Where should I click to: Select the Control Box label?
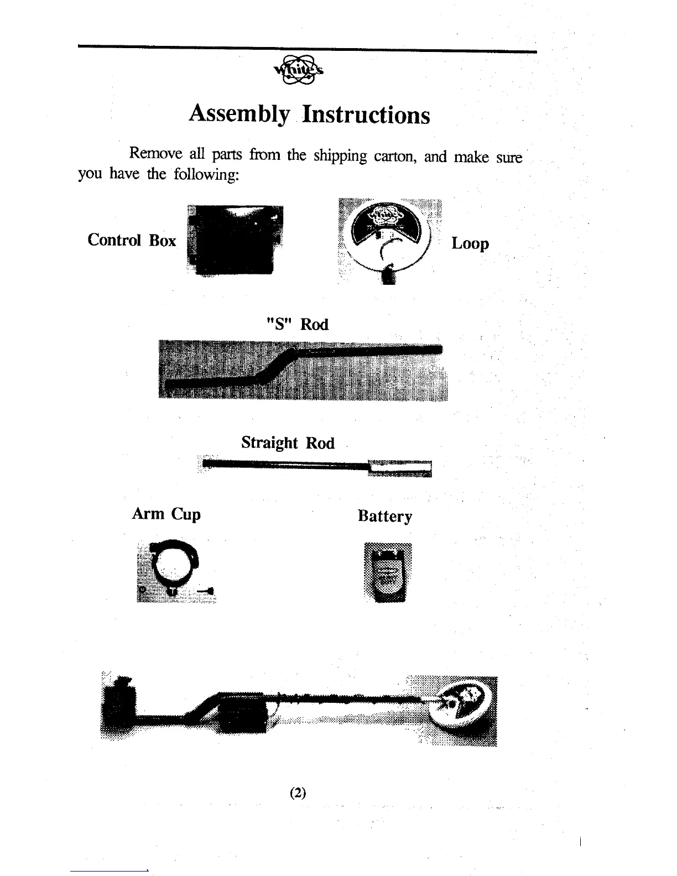click(132, 240)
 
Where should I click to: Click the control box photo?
click(235, 239)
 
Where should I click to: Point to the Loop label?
click(470, 243)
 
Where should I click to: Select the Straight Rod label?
click(288, 442)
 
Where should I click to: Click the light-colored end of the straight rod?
click(399, 468)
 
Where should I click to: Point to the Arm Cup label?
click(166, 514)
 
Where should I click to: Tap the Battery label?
click(385, 516)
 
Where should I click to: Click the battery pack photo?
click(388, 572)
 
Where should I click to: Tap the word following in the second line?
click(206, 175)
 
